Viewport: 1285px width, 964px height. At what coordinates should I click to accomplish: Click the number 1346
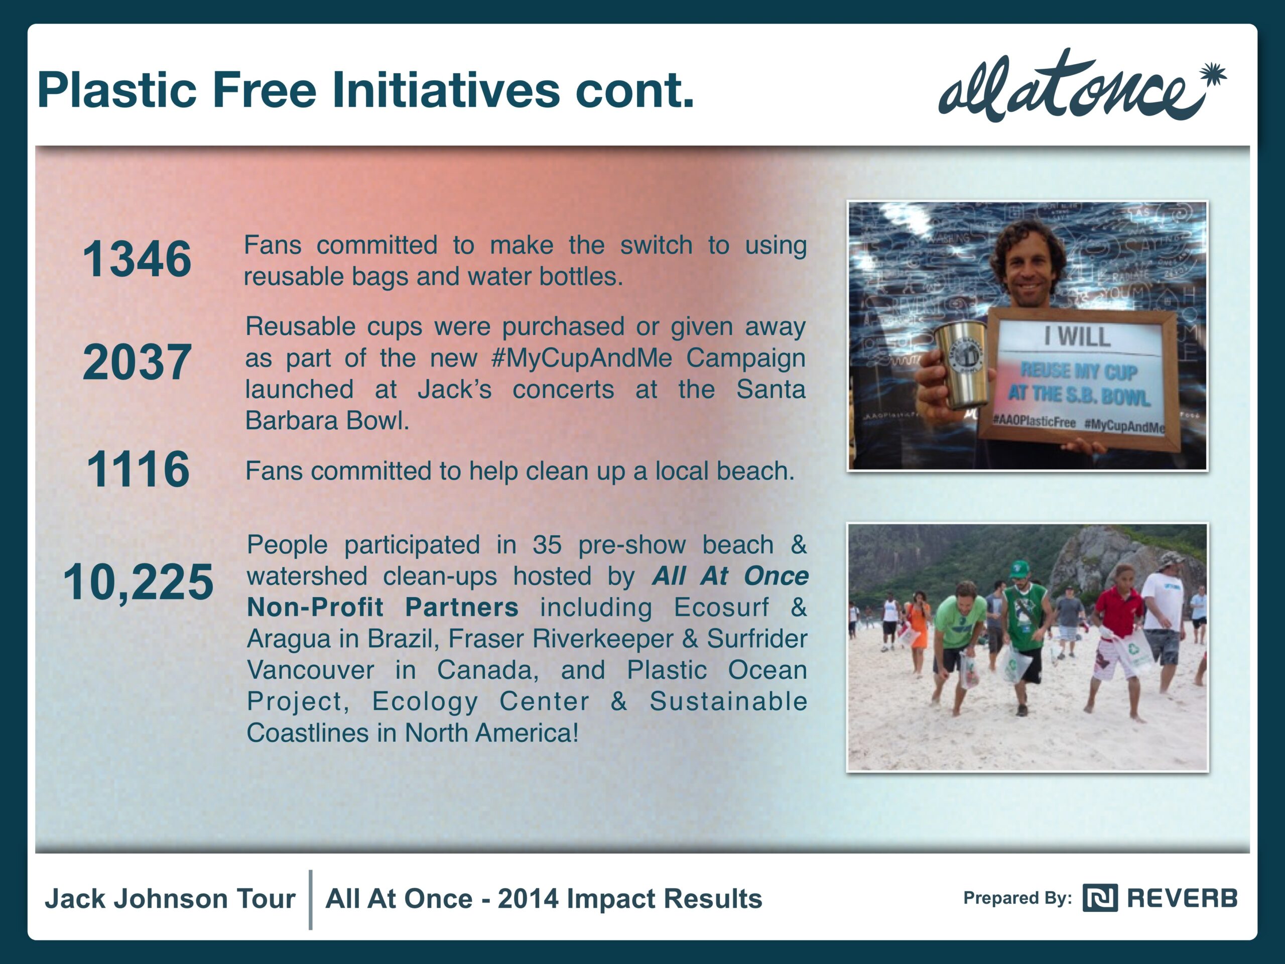coord(137,259)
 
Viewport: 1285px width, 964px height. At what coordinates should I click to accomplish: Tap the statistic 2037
coord(137,362)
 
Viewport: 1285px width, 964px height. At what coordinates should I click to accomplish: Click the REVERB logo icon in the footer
coord(1100,898)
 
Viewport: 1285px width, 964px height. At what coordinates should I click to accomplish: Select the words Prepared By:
coord(1017,898)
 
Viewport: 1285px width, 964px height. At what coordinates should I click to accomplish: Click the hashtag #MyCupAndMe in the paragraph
coord(581,358)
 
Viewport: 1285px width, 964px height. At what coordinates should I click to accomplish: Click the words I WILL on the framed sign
coord(1077,336)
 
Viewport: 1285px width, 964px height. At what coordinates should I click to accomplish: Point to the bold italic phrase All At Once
coord(730,576)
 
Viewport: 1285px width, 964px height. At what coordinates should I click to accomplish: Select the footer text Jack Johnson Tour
coord(170,898)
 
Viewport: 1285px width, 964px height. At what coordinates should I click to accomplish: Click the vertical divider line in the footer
coord(311,900)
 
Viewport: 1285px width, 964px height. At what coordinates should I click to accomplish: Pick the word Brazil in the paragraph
coord(399,639)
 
